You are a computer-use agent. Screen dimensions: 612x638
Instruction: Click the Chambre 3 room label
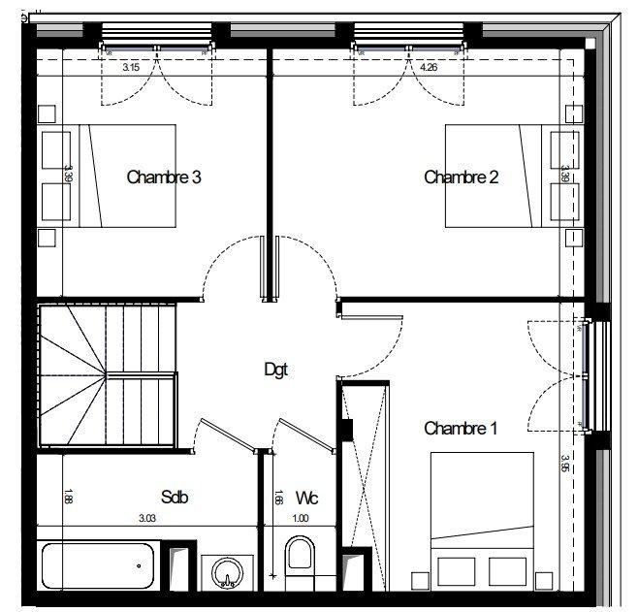(164, 177)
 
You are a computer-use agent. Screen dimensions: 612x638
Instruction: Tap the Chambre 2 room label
(462, 177)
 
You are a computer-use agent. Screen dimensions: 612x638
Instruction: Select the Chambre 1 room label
(461, 428)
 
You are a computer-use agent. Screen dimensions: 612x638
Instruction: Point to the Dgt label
(276, 369)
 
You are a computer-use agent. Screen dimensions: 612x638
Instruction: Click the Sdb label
(175, 498)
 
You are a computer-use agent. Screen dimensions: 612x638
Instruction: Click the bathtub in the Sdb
(97, 565)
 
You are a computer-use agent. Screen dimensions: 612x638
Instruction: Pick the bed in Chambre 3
(121, 176)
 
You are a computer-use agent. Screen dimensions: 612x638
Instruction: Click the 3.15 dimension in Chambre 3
(131, 68)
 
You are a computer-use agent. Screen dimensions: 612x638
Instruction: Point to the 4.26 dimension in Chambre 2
(430, 68)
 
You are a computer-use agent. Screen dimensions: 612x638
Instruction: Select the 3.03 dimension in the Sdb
(147, 518)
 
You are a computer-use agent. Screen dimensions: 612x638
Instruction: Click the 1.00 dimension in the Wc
(301, 518)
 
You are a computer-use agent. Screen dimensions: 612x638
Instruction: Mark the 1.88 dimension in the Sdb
(68, 497)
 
